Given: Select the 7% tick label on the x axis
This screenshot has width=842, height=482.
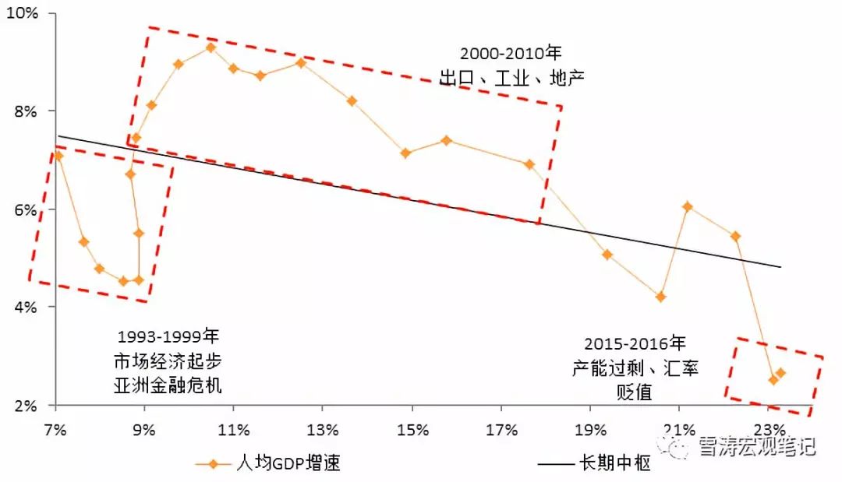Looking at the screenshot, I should pos(56,430).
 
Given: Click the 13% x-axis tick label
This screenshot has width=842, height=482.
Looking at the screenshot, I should pos(323,430).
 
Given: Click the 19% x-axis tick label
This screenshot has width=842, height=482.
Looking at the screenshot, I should pos(590,430).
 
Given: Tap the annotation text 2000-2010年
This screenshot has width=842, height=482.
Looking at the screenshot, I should pos(511,54).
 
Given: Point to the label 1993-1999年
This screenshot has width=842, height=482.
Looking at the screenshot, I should pos(168,337).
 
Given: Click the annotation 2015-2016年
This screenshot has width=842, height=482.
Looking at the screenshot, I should pos(635,343).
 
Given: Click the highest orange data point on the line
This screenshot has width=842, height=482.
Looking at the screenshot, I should pos(210,47).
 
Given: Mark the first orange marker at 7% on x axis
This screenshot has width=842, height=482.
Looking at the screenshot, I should pos(57,156).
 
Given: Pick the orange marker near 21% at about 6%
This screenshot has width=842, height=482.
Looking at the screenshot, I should pos(687,206).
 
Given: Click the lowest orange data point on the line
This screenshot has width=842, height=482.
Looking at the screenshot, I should pos(773,380).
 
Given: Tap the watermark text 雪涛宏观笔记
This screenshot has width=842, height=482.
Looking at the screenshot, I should pos(757,446).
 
